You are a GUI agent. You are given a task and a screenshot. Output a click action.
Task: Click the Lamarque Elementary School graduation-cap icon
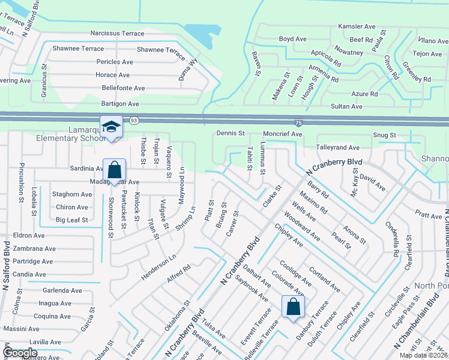pyautogui.click(x=111, y=127)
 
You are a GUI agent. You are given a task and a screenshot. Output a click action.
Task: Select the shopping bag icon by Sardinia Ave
pyautogui.click(x=113, y=170)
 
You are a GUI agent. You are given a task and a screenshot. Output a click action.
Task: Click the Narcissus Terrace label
pyautogui.click(x=117, y=34)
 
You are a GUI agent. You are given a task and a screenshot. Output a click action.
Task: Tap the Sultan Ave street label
pyautogui.click(x=348, y=106)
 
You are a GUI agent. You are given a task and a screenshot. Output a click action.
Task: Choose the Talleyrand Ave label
pyautogui.click(x=337, y=147)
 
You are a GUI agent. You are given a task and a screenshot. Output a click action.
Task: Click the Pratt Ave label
pyautogui.click(x=428, y=214)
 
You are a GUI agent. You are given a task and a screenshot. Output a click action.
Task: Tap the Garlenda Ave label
pyautogui.click(x=61, y=290)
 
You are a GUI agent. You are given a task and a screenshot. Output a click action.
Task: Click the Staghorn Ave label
pyautogui.click(x=72, y=194)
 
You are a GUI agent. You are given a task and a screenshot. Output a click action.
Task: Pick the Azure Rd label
pyautogui.click(x=364, y=94)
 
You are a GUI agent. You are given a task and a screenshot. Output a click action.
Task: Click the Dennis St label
pyautogui.click(x=230, y=133)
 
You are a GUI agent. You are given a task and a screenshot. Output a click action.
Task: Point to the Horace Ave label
pyautogui.click(x=113, y=75)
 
